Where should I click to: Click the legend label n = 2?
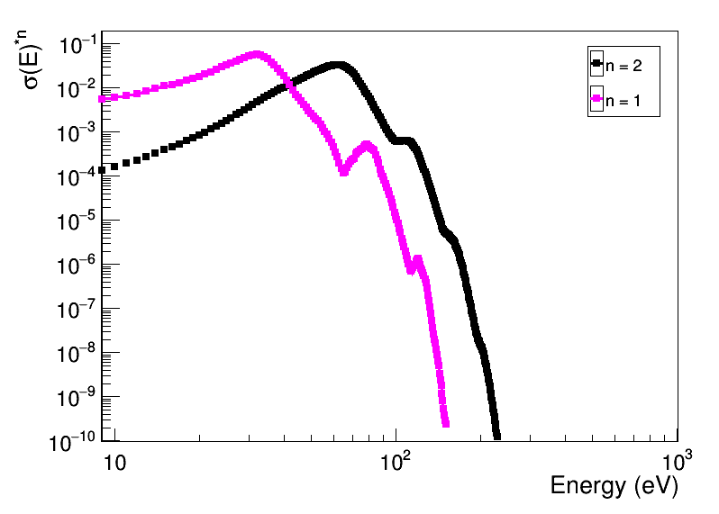click(623, 65)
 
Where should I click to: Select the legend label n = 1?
click(623, 102)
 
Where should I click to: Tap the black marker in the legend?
click(596, 64)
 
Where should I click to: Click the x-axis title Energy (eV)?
click(614, 486)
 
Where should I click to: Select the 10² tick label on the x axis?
click(396, 460)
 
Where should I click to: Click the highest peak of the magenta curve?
click(258, 54)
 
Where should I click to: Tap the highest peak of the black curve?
click(337, 65)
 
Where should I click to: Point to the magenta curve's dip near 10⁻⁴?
click(344, 171)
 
